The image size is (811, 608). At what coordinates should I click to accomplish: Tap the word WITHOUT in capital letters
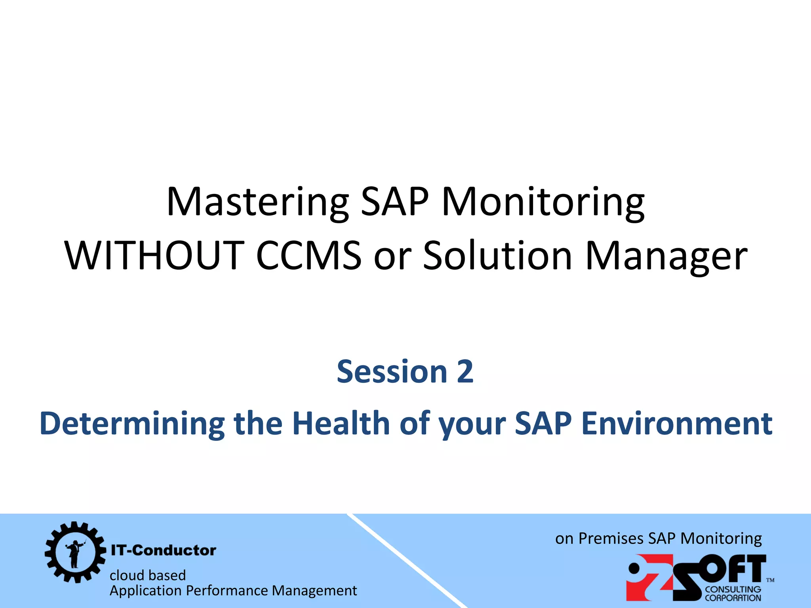point(154,256)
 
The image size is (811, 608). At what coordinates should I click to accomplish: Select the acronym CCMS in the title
point(309,256)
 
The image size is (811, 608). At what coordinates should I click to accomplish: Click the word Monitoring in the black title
point(543,203)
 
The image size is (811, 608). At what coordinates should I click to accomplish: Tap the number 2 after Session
point(465,372)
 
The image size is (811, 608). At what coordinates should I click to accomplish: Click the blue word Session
point(392,372)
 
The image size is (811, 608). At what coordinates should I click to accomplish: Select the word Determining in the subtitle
point(132,424)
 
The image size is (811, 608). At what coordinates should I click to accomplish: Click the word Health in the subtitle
point(341,423)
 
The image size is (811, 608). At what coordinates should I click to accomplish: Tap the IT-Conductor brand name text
point(163,550)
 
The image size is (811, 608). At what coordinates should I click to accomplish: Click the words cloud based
point(147,575)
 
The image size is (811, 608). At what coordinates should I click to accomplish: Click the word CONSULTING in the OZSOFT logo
point(733,589)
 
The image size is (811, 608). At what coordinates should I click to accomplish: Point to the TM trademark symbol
point(770,580)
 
